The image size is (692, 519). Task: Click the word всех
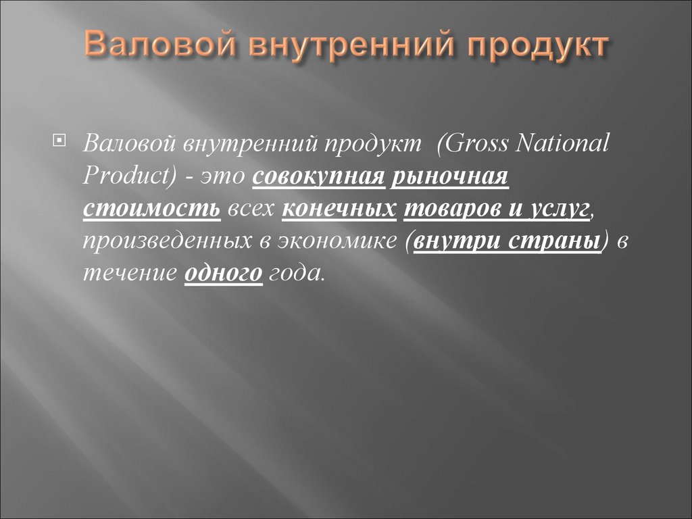(251, 209)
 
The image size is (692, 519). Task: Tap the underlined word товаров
(449, 209)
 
